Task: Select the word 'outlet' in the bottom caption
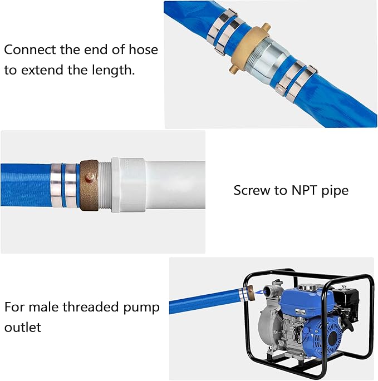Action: (23, 327)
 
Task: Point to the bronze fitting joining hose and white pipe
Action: (89, 185)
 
